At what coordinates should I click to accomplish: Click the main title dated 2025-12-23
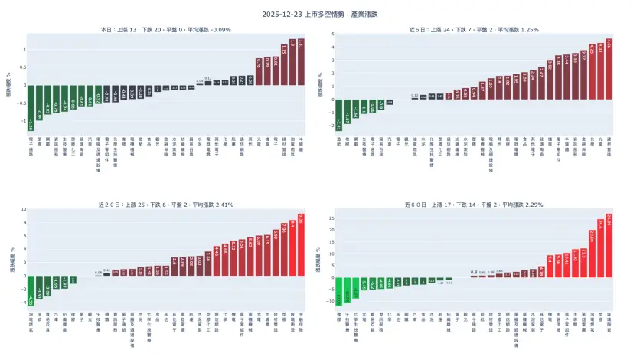[x=320, y=14]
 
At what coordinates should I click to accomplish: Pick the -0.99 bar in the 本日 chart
[x=40, y=103]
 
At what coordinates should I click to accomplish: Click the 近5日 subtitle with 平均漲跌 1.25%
[x=474, y=30]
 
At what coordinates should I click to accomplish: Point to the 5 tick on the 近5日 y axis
[x=331, y=34]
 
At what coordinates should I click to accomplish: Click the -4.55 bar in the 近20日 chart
[x=31, y=290]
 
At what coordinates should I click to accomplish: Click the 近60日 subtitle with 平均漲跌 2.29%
[x=474, y=205]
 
